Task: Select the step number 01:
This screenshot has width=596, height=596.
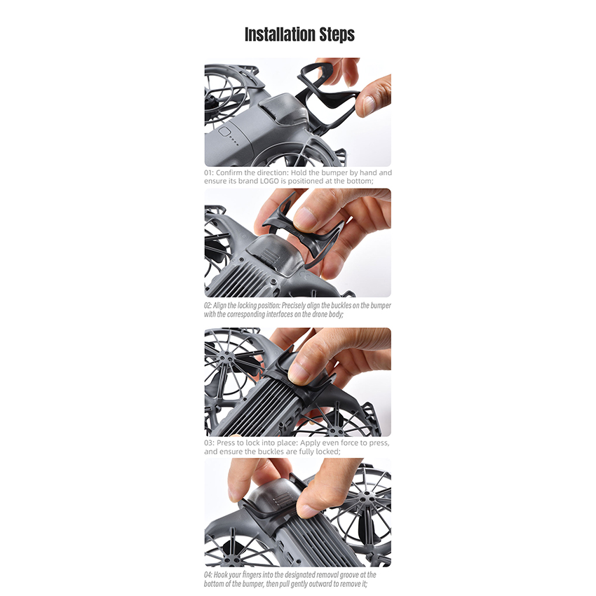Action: (209, 172)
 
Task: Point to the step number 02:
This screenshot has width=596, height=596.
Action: (208, 306)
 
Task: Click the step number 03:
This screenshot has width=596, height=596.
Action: (209, 443)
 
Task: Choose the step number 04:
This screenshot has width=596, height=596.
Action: (208, 575)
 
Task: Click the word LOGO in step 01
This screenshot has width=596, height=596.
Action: (269, 182)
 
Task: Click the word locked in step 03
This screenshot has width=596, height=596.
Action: (328, 452)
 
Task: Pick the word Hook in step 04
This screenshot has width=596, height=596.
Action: (219, 575)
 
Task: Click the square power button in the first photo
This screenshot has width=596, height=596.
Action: (224, 133)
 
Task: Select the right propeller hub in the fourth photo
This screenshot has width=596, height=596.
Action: (367, 496)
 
